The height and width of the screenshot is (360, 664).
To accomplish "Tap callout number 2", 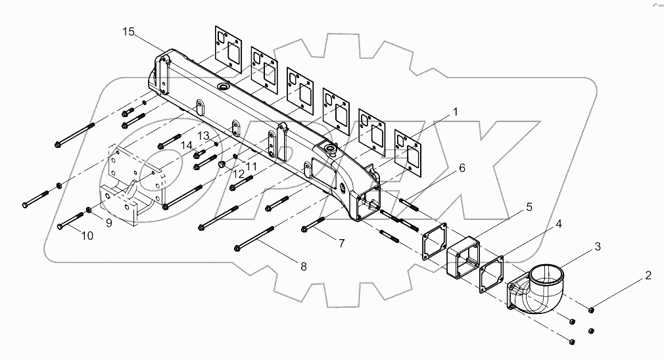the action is pyautogui.click(x=648, y=275).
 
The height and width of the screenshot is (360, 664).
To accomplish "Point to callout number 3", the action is pyautogui.click(x=597, y=246).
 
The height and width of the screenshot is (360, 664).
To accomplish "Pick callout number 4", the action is pyautogui.click(x=558, y=225).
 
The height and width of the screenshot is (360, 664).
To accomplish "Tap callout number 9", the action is pyautogui.click(x=108, y=222).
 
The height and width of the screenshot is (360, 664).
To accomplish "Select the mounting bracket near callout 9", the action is pyautogui.click(x=131, y=184).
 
